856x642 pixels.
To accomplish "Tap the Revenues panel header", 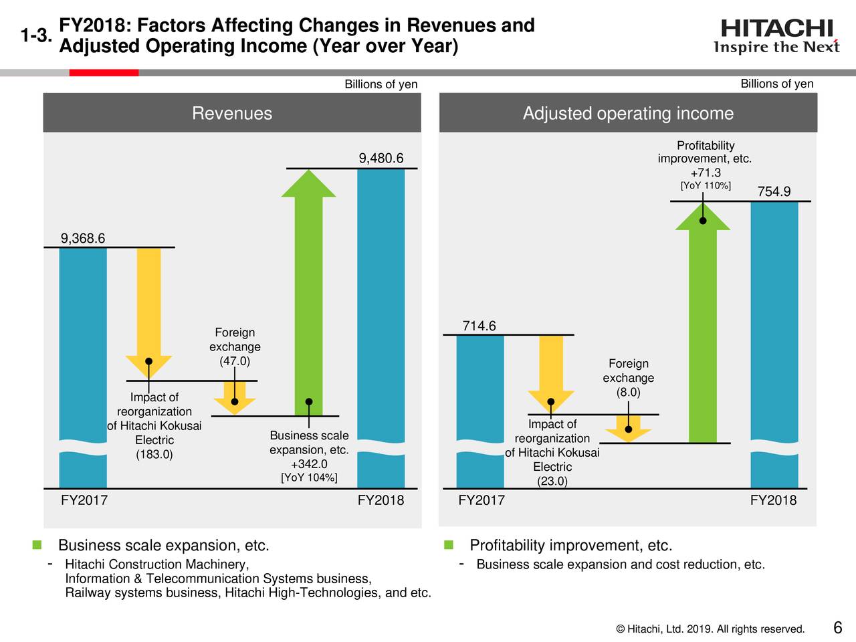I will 232,113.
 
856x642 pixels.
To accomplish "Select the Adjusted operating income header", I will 628,113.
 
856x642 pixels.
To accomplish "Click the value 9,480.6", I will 381,158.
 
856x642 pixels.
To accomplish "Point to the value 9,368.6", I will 83,239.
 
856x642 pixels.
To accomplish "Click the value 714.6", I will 479,326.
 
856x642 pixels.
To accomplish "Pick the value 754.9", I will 774,192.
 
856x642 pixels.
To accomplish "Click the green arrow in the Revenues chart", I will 308,288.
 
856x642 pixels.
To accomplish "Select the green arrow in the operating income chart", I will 702,321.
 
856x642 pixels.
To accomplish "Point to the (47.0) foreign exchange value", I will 235,361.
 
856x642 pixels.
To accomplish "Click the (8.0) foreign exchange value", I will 628,392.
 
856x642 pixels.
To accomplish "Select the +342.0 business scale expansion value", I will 309,464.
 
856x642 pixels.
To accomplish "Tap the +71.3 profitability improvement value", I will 706,173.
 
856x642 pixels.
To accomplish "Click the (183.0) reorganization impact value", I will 154,455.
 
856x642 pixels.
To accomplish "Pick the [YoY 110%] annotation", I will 706,185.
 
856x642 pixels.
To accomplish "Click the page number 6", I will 837,628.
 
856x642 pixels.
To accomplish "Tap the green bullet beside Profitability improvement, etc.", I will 449,546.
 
